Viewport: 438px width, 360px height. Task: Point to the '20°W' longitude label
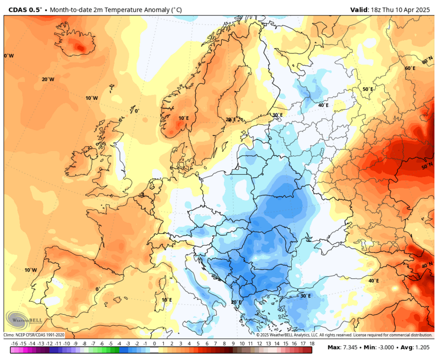coord(48,79)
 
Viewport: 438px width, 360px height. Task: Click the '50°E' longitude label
coord(368,89)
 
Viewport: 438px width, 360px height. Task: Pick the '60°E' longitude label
coord(410,68)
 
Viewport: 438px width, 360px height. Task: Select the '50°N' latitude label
coord(427,167)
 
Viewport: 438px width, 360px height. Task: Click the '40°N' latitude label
coord(427,265)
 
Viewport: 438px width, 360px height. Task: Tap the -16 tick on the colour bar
coord(15,344)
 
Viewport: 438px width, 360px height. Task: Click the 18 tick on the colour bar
coord(311,344)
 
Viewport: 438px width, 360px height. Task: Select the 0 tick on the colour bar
coord(154,344)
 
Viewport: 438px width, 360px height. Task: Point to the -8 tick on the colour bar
coord(84,344)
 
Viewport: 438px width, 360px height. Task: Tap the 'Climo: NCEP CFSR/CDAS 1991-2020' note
coord(34,335)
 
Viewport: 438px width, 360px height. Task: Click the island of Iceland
coord(80,45)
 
